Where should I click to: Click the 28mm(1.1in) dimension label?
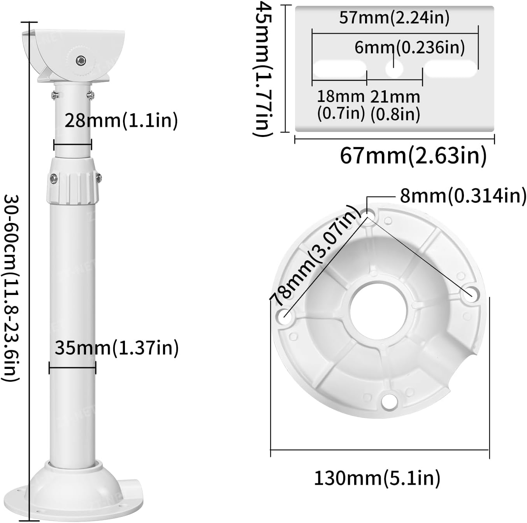[121, 120]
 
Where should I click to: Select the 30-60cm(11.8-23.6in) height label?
[11, 288]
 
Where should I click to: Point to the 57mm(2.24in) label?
[394, 18]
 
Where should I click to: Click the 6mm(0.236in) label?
[409, 47]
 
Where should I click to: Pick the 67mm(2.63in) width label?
[413, 156]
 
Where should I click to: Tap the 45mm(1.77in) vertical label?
[262, 69]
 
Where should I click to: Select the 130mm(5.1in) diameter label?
[377, 477]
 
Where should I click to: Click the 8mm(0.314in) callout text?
[463, 196]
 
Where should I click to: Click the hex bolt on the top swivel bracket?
[81, 60]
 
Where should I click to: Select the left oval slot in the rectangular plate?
[339, 68]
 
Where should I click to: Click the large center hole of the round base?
[378, 310]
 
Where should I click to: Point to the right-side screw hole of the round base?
[470, 294]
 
